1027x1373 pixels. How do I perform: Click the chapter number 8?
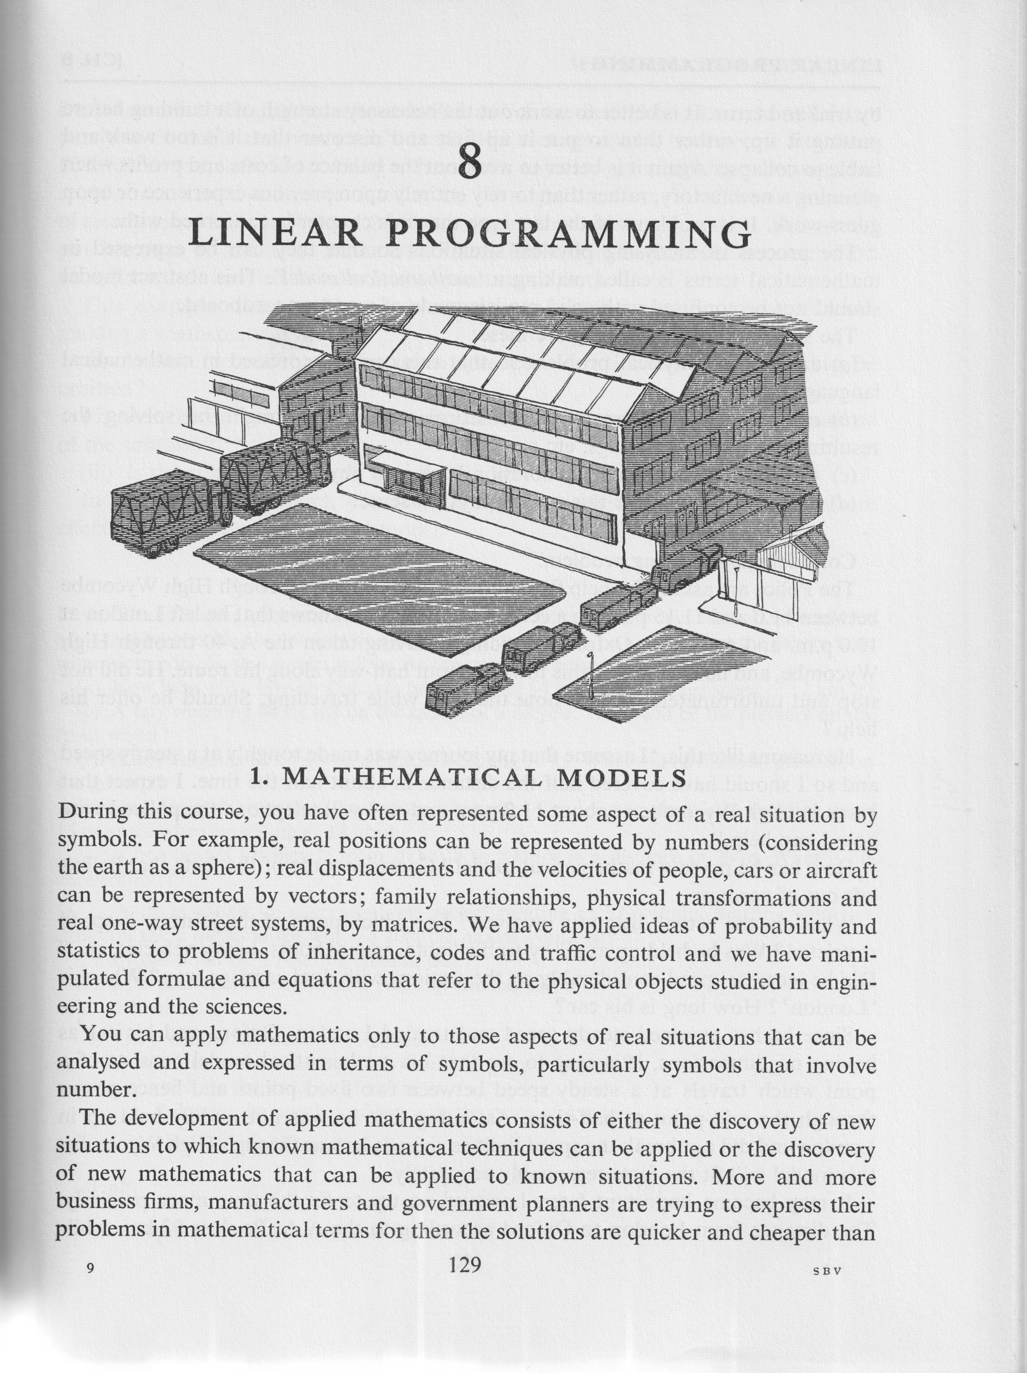coord(469,162)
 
